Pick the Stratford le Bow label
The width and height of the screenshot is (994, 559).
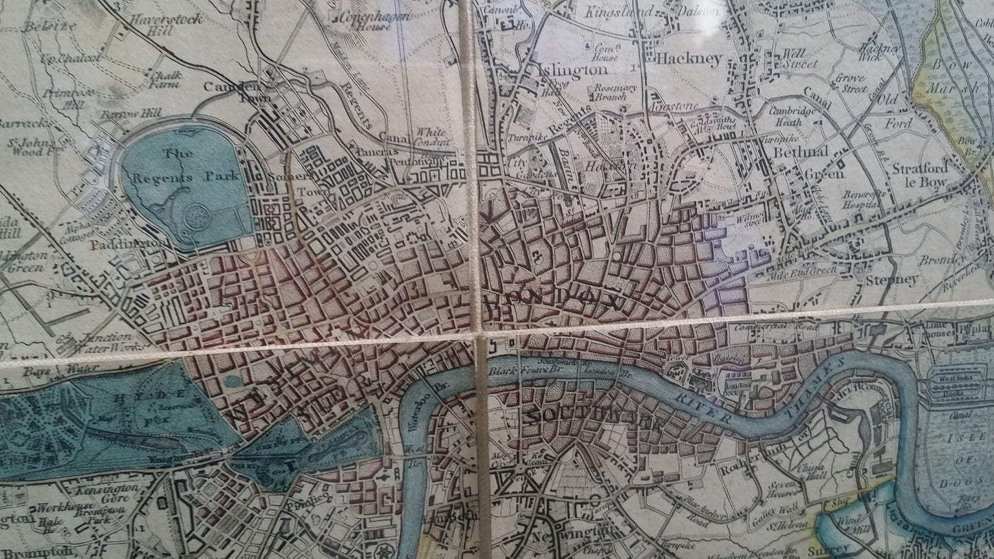point(920,175)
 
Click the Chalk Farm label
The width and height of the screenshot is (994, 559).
point(159,78)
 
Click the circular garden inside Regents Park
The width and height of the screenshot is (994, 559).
point(197,215)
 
